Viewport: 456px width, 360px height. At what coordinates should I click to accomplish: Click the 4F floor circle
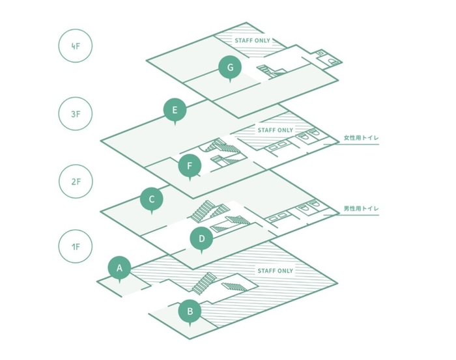76,47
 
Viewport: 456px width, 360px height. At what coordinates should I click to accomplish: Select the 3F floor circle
76,114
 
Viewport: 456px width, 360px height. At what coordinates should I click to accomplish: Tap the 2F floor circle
76,181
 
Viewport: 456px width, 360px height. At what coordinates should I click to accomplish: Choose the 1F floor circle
76,247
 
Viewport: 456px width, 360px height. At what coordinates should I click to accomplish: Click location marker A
119,268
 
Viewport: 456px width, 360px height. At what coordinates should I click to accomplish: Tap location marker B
190,311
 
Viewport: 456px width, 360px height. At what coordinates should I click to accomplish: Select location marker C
152,199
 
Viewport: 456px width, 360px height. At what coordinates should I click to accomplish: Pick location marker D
201,239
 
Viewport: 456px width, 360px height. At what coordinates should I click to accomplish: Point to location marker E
175,110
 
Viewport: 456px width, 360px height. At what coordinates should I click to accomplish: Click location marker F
190,166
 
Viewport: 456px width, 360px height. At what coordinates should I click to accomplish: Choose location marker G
230,66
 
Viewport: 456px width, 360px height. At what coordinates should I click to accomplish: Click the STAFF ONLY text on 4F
253,40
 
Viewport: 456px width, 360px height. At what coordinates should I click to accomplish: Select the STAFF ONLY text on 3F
275,130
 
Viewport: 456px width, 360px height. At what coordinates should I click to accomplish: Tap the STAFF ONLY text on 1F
275,271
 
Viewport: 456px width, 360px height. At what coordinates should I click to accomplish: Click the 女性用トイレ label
361,138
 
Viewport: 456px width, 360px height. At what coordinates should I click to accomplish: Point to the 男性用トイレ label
361,208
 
